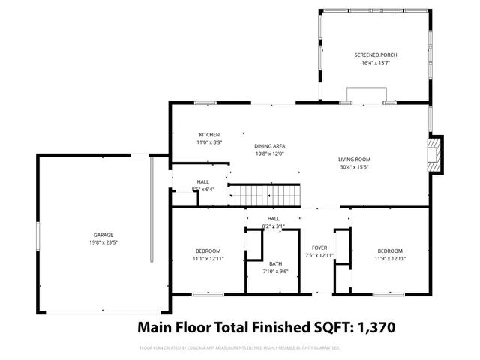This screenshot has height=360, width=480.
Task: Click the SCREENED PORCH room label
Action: click(376, 55)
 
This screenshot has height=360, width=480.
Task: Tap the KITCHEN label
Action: click(209, 135)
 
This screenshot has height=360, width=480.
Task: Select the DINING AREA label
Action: click(270, 146)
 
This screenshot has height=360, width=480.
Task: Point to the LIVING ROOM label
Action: click(354, 160)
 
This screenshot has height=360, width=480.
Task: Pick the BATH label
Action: click(276, 263)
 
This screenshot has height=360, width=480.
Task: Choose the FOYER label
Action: click(320, 247)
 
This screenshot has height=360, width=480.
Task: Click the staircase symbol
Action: click(264, 196)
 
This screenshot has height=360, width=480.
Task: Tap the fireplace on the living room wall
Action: click(434, 154)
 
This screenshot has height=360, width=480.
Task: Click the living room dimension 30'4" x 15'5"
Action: click(354, 167)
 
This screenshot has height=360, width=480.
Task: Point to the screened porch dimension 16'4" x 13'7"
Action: click(376, 63)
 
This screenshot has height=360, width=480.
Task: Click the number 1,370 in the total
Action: click(370, 328)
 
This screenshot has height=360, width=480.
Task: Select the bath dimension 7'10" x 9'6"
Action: click(276, 271)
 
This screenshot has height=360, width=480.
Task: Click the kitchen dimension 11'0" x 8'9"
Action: click(209, 142)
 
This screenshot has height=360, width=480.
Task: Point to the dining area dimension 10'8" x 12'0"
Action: click(270, 154)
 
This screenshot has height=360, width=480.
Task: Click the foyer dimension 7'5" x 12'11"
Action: click(320, 255)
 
